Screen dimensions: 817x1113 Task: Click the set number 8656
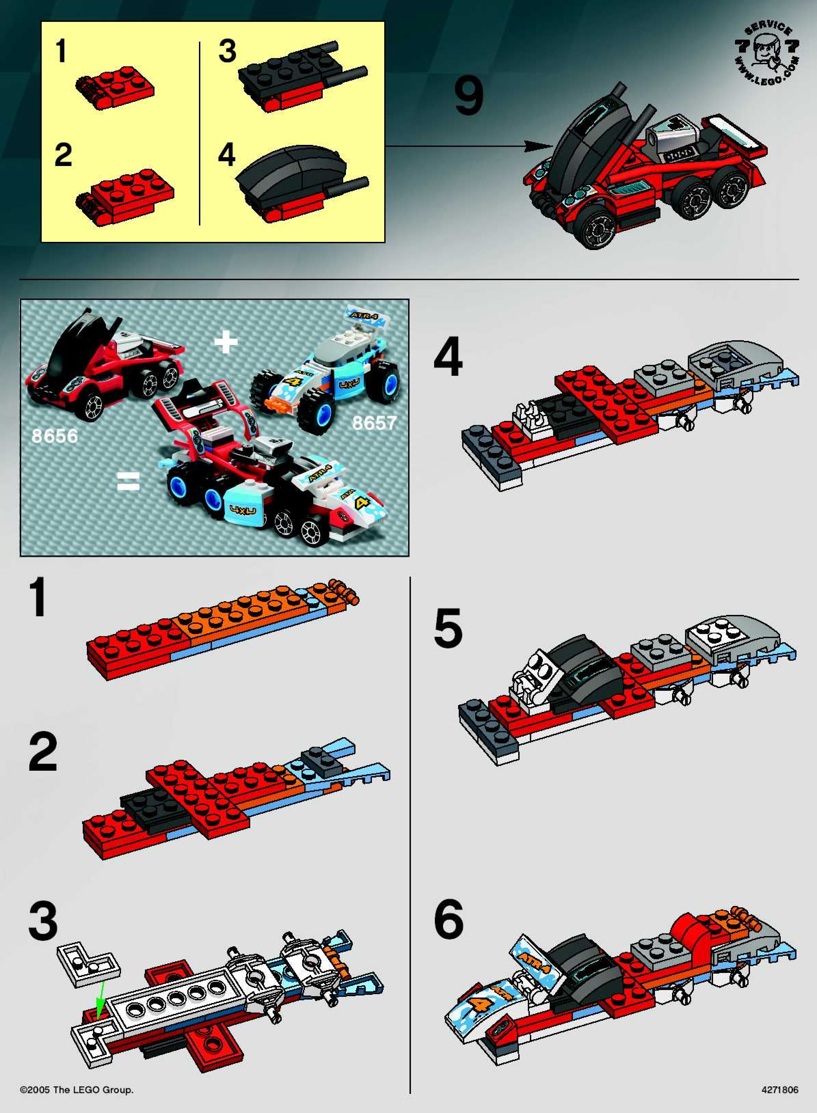point(54,436)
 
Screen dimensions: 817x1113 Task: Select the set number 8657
point(374,423)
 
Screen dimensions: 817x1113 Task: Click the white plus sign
point(226,342)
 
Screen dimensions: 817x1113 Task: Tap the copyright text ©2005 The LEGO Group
point(77,1090)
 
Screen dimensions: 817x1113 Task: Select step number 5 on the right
point(448,628)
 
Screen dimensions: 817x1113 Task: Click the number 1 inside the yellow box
point(61,51)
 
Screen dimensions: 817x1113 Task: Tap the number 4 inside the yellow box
point(227,155)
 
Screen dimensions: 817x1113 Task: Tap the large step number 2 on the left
point(43,751)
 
